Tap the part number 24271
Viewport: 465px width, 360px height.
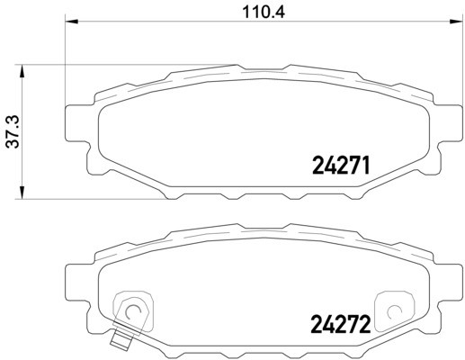341,165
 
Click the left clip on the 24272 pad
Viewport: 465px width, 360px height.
132,310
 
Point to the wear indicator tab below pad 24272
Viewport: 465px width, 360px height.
119,341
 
